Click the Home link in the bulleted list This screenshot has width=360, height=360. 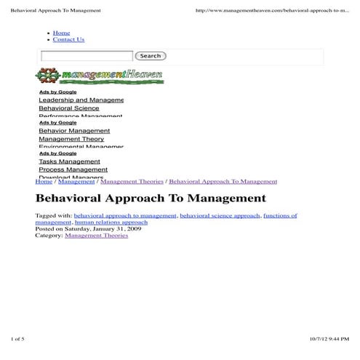(61, 33)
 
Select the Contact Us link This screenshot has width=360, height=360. (68, 39)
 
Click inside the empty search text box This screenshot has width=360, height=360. (87, 56)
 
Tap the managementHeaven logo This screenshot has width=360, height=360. (100, 76)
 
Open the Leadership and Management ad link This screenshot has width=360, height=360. (81, 100)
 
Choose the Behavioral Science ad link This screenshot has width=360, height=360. (69, 108)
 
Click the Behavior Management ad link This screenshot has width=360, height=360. (74, 131)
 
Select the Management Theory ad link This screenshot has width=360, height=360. (71, 139)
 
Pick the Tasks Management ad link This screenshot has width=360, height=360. (69, 161)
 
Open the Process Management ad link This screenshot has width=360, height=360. (73, 169)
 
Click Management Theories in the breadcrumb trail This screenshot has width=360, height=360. (132, 181)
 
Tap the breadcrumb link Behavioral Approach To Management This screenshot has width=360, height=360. (223, 181)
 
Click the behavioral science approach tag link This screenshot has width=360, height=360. (220, 215)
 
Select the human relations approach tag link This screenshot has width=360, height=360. (111, 223)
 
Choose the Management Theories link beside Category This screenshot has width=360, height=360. (96, 236)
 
